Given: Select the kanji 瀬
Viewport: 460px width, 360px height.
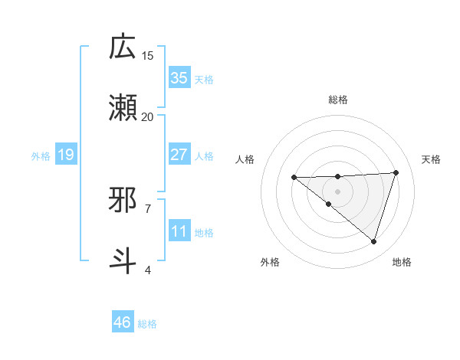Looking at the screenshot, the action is tap(123, 108).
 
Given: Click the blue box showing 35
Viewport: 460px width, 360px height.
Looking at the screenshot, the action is tap(179, 78).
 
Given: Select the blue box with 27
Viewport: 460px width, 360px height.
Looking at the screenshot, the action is tap(179, 155).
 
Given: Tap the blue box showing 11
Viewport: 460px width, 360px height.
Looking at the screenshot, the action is tap(179, 231).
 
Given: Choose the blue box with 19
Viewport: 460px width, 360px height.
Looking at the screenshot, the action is tap(65, 155).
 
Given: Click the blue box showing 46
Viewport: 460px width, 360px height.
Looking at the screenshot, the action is tap(123, 322).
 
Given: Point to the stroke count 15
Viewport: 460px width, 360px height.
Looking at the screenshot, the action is tap(148, 55).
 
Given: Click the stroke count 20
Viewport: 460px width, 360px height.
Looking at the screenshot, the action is tap(148, 116).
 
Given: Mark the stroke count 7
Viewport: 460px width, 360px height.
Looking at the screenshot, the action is tap(148, 208).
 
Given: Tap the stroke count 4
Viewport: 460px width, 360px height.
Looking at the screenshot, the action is tap(148, 269).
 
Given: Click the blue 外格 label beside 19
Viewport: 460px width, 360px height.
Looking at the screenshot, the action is tap(41, 155).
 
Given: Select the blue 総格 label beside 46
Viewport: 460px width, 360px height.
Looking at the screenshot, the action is tap(147, 323).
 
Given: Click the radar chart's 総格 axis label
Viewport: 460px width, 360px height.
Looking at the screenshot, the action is tap(337, 100).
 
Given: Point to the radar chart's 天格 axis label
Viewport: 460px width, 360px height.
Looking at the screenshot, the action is tap(431, 159).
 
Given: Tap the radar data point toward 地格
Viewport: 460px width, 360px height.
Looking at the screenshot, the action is tap(373, 241).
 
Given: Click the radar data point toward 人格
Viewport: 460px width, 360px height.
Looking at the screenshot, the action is tap(294, 178).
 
